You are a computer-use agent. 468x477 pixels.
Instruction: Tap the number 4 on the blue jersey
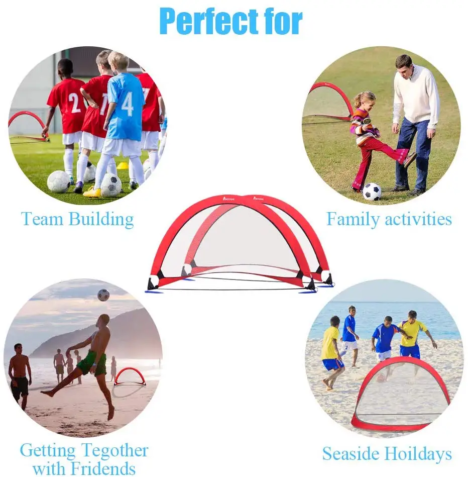click(x=128, y=104)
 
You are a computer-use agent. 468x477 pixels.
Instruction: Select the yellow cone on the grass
click(x=123, y=165)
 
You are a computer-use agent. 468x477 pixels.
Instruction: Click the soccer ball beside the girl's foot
click(x=372, y=191)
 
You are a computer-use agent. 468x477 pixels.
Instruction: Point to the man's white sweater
click(x=416, y=96)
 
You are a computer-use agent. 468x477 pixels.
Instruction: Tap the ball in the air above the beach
click(x=103, y=295)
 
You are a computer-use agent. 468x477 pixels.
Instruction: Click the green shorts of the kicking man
click(x=92, y=362)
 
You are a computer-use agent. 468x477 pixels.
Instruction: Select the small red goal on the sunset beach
click(x=130, y=376)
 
